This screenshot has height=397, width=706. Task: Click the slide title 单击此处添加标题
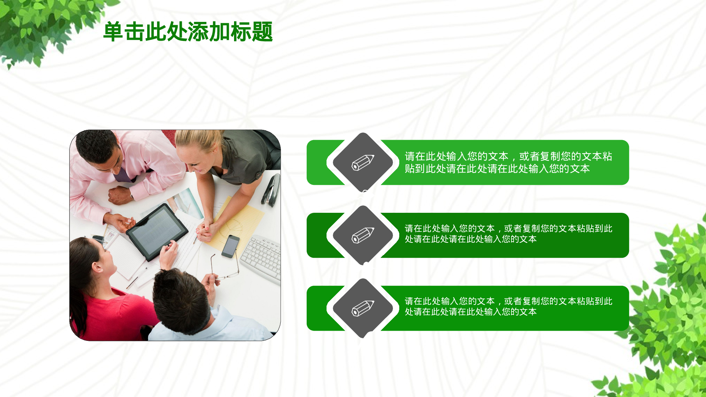click(188, 32)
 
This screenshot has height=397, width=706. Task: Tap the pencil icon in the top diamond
click(363, 162)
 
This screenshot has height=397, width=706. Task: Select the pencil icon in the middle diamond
click(363, 235)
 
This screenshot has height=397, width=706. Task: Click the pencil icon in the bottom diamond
click(363, 308)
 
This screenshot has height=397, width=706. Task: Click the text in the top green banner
click(508, 162)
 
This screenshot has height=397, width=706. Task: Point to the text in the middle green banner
click(508, 234)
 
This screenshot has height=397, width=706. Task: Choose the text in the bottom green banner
click(508, 306)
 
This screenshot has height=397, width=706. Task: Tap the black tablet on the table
click(157, 231)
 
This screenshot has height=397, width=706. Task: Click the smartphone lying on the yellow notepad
click(231, 246)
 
